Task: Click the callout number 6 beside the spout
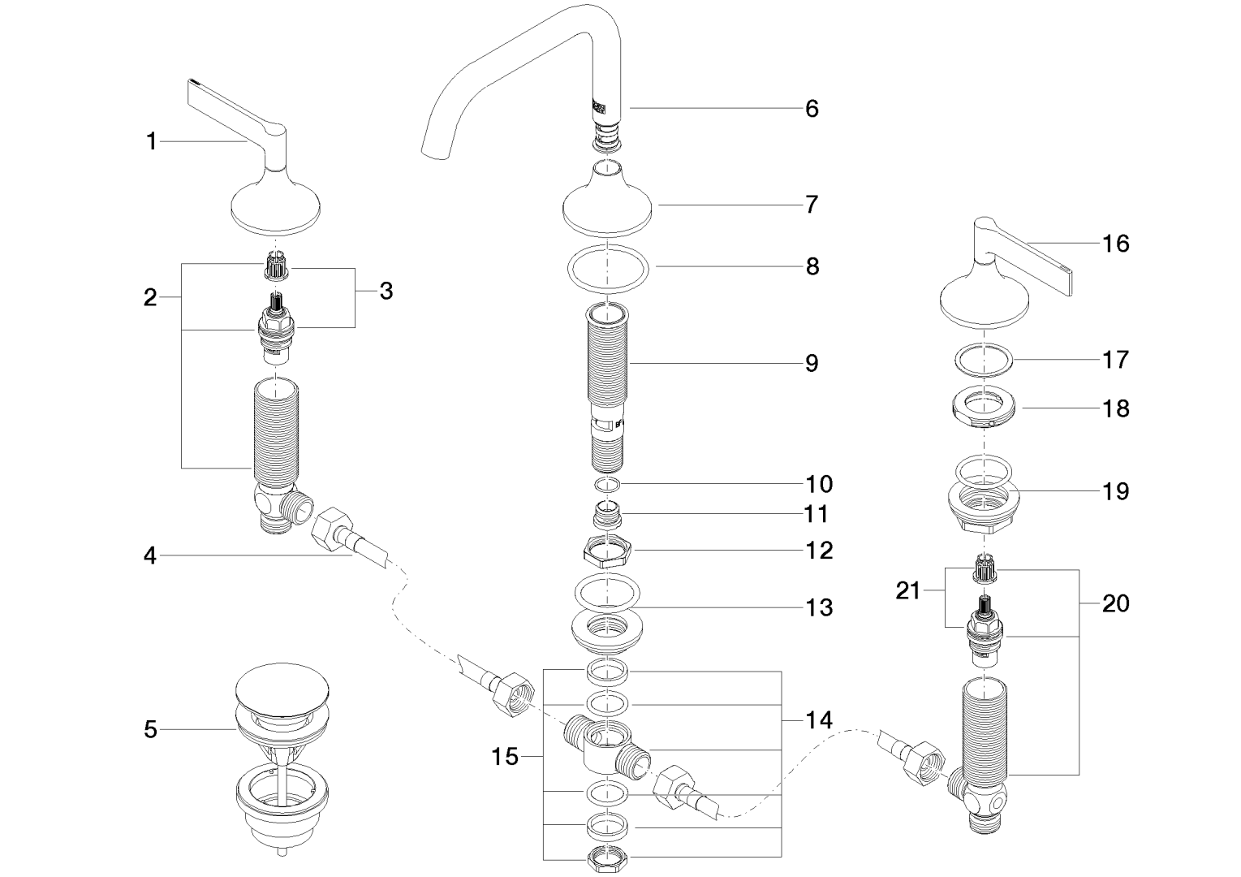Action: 812,108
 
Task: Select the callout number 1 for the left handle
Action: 151,142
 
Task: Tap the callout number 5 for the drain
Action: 150,729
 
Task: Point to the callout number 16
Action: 1116,243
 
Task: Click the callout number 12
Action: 820,551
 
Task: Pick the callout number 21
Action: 908,590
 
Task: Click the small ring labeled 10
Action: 608,485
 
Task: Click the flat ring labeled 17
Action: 983,359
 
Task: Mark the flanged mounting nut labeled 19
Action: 983,503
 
